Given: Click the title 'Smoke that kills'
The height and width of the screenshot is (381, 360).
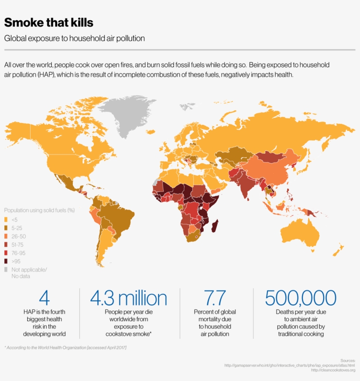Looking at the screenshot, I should [x=49, y=22].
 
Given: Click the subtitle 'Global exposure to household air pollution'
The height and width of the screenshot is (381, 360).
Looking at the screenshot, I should [x=75, y=38].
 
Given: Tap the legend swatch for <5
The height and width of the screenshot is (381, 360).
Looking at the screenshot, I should [x=6, y=219].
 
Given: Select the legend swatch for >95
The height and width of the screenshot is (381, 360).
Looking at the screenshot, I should [x=6, y=261].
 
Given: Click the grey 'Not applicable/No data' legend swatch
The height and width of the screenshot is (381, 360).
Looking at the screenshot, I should [x=6, y=269].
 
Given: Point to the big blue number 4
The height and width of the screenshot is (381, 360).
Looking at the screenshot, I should [x=44, y=298].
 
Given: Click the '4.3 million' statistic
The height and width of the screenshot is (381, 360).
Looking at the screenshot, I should [x=129, y=298].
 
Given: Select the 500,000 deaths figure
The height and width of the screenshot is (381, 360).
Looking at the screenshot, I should [x=301, y=298].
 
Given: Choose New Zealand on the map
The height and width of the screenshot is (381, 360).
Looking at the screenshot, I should [x=338, y=250].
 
